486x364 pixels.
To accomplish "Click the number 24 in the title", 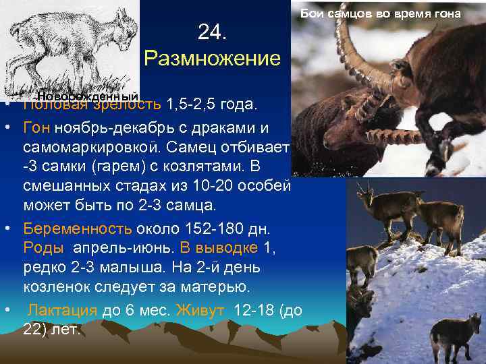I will [x=212, y=32].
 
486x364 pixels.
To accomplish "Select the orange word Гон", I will [x=38, y=127].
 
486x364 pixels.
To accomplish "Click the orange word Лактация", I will [x=64, y=311].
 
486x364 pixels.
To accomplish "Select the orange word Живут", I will [x=201, y=311].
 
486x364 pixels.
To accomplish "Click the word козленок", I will [x=55, y=286].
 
